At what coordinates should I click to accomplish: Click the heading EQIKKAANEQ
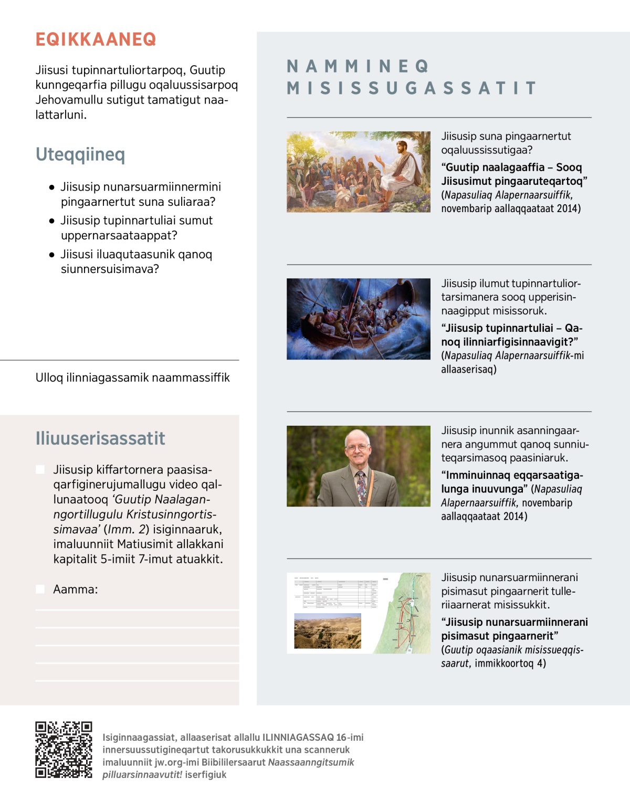coord(96,39)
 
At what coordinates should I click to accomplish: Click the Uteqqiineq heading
coord(80,154)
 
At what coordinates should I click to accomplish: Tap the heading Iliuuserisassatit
coord(100,438)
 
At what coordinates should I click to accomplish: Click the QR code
coord(64,750)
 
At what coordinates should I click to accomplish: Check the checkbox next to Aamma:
coord(40,589)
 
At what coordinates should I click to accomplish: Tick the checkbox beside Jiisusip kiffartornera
coord(40,469)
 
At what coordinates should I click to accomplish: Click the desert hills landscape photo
coord(328,630)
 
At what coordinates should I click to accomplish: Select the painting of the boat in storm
coord(359,319)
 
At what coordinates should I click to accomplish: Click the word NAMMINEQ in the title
coord(358,67)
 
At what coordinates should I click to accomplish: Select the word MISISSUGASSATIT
coord(412,88)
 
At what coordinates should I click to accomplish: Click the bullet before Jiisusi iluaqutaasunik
coord(51,255)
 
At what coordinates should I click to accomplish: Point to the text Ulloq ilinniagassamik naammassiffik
coord(132,377)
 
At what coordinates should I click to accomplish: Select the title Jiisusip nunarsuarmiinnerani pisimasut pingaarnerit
coord(514,629)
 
